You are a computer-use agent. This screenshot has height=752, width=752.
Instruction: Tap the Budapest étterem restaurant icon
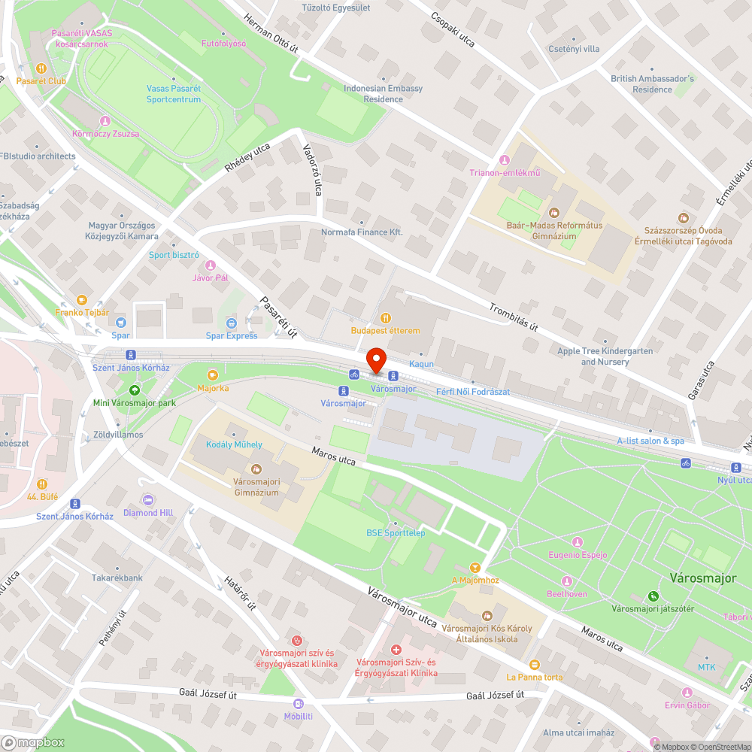click(386, 318)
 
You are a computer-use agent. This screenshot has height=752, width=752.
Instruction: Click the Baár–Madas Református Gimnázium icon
click(554, 214)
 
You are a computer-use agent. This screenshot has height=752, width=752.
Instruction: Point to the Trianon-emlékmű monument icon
click(504, 159)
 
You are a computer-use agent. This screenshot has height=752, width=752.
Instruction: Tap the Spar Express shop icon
click(231, 323)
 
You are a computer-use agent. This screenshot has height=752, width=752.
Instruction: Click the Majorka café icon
click(213, 374)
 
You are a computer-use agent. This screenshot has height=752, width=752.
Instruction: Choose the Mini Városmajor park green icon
click(135, 390)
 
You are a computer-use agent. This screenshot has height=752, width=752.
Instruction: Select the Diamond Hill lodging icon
click(148, 499)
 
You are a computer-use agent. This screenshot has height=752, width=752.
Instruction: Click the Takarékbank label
click(117, 578)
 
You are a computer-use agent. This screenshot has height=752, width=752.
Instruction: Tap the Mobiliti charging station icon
click(299, 703)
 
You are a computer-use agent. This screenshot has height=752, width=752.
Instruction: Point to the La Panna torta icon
click(535, 664)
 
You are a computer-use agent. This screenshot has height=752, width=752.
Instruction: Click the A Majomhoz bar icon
click(475, 567)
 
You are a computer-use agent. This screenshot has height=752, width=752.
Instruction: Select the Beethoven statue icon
click(566, 581)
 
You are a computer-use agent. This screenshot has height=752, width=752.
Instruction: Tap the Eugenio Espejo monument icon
click(578, 542)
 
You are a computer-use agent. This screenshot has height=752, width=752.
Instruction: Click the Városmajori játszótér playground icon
click(653, 596)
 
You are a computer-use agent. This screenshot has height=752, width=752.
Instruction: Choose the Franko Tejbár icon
click(82, 299)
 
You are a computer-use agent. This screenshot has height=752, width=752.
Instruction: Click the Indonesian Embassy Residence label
click(384, 93)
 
